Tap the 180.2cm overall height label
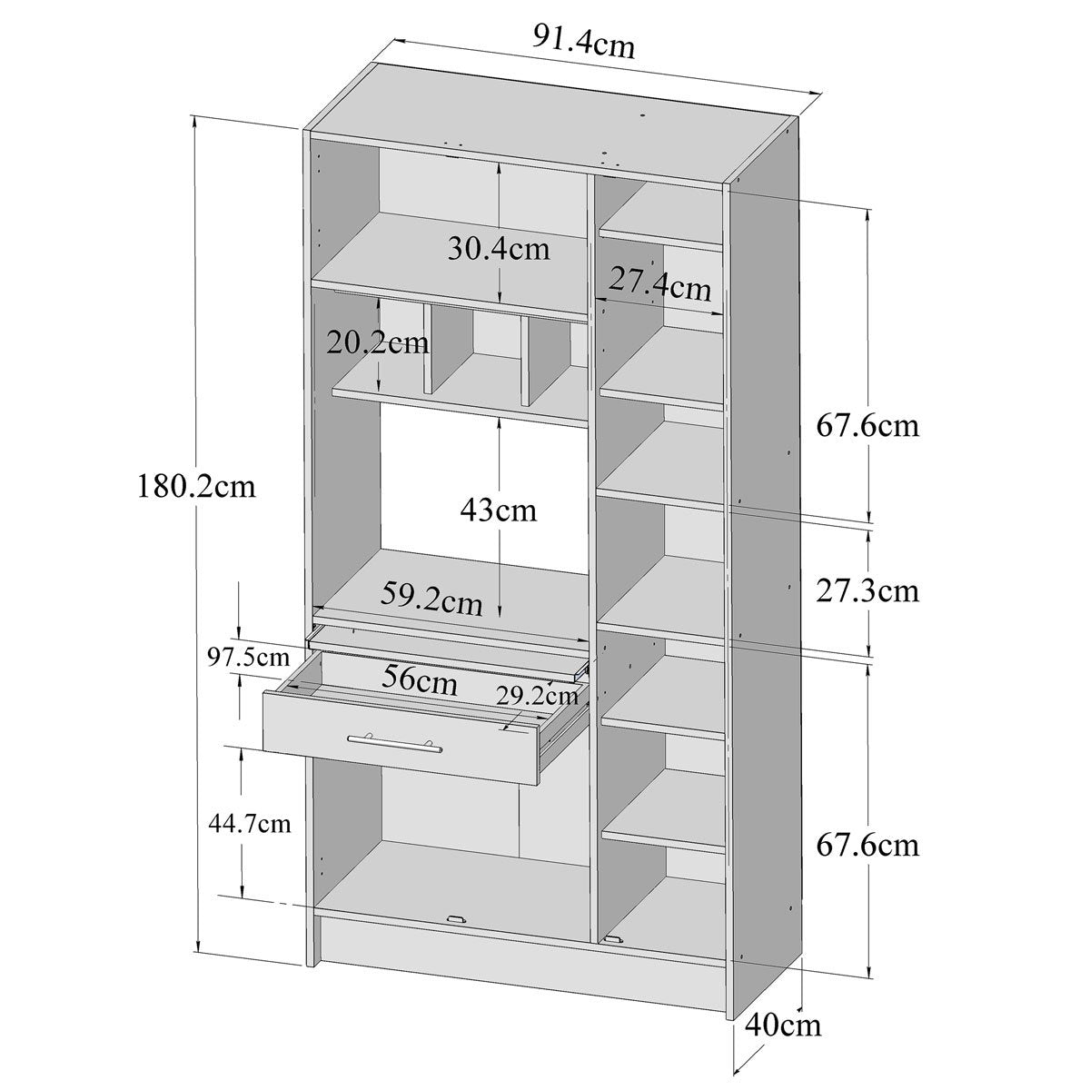pos(197,486)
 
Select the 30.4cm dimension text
pos(499,248)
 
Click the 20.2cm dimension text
pos(378,343)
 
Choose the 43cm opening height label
pos(498,510)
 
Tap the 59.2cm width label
pos(431,599)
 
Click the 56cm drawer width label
pos(419,679)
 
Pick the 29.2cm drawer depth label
pos(537,697)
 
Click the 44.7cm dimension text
pos(250,824)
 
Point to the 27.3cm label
pos(867,591)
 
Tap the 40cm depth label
pos(783,1026)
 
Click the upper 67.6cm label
pos(867,424)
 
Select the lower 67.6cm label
pos(867,846)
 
